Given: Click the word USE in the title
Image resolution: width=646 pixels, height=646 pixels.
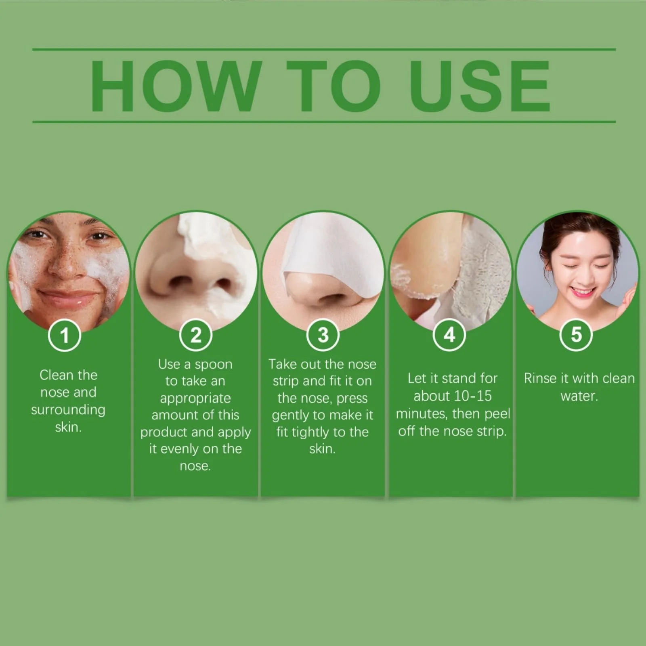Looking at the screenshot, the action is [x=480, y=86].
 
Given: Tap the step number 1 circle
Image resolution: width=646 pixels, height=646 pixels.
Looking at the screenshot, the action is [x=65, y=335].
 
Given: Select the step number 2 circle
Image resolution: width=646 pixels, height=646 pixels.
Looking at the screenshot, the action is [x=196, y=335].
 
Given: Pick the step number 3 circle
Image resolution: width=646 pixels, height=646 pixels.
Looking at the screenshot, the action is [x=323, y=335].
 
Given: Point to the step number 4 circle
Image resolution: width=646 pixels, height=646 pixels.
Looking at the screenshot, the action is [x=449, y=335].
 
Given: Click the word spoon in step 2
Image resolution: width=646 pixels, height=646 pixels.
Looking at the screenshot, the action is [x=214, y=365].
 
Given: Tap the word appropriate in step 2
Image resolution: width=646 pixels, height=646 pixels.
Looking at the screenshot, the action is [x=195, y=399].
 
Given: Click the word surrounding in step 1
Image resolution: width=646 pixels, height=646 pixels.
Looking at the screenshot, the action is [x=68, y=410].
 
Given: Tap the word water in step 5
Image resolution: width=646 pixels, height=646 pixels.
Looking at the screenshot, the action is [x=578, y=396].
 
